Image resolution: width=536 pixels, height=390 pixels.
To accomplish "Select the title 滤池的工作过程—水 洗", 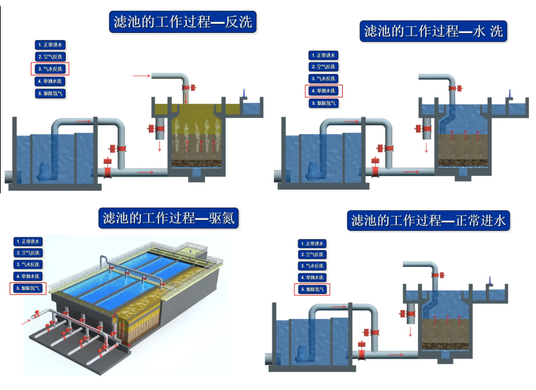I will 433,31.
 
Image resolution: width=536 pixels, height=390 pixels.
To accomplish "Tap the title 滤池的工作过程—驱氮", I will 169,219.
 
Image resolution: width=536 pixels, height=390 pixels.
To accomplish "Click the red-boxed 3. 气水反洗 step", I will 50,69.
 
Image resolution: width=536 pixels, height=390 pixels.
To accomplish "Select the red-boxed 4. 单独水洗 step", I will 323,91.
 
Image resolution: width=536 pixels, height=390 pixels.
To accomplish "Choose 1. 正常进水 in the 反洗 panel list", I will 50,44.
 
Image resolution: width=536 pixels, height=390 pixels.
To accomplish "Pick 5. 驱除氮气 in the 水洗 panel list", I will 323,103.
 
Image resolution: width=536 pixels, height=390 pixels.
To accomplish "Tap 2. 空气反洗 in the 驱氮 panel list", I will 29,253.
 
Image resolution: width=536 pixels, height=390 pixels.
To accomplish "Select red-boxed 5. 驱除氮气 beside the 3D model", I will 29,289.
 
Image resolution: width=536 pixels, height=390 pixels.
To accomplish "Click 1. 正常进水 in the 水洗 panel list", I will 323,55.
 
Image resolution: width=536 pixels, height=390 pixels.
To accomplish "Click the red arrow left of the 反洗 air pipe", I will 140,76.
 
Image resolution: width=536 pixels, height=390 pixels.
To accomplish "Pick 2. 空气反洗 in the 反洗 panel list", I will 50,57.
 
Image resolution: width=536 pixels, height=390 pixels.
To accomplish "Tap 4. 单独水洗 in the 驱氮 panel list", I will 29,277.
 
